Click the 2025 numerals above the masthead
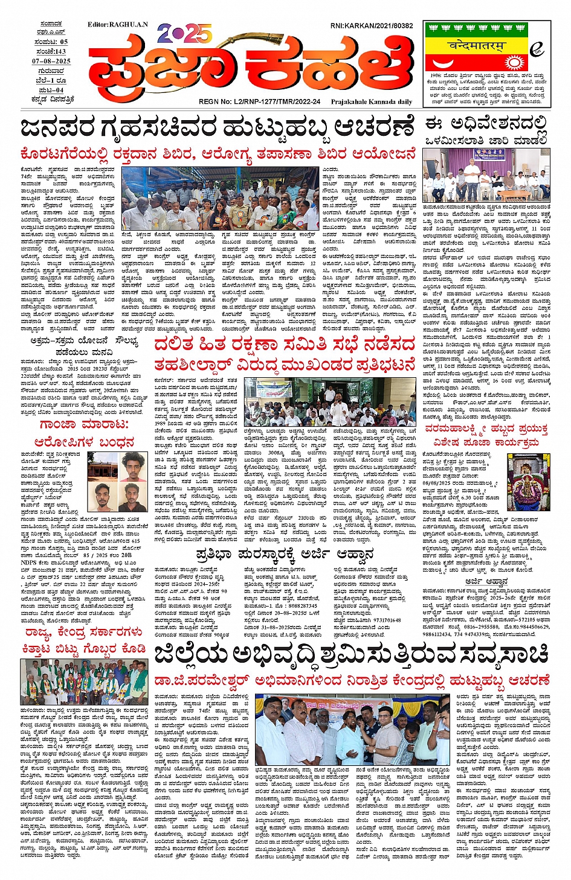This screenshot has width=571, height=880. point(184,33)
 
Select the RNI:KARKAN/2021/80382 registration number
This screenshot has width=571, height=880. point(372,26)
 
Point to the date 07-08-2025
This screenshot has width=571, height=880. point(51,61)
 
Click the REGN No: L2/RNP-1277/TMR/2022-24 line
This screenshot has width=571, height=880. point(259,102)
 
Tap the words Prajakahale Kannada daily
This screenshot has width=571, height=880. point(371,102)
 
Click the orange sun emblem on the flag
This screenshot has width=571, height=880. point(513,62)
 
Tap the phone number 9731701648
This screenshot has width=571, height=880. point(381,620)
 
